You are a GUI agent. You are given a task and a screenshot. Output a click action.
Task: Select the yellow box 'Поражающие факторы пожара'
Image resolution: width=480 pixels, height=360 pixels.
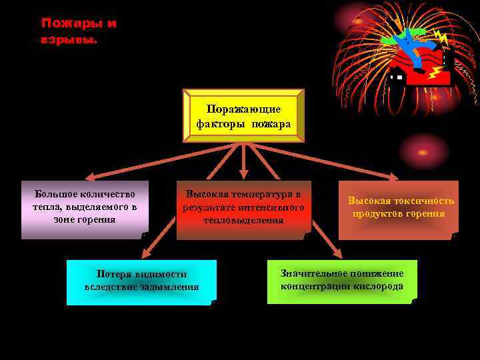(243, 116)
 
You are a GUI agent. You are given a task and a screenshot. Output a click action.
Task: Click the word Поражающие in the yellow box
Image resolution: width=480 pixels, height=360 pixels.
(243, 109)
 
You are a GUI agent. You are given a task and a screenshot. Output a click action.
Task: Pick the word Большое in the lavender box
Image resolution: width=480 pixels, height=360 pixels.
(53, 194)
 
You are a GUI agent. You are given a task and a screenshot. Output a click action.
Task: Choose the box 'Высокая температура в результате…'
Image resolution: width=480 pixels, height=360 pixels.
(243, 209)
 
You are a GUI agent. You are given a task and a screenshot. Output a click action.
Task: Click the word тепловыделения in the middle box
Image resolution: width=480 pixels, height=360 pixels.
(243, 221)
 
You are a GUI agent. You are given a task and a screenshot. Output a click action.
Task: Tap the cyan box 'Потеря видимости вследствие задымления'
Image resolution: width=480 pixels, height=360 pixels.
(141, 281)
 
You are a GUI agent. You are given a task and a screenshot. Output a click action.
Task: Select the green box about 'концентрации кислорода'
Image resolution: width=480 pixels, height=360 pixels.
(342, 281)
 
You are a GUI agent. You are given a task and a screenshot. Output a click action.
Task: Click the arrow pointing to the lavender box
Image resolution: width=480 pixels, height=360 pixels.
(133, 163)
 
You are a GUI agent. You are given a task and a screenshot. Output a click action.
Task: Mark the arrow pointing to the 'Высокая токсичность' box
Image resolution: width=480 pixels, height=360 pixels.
(347, 163)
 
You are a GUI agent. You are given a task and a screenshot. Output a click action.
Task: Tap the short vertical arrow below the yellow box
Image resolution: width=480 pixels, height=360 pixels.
(243, 162)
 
